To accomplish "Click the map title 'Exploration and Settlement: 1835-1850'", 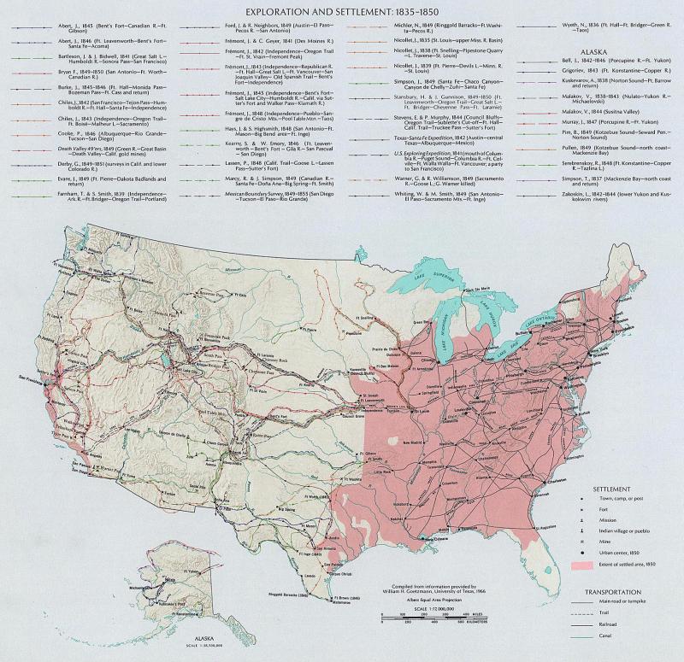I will click(341, 13).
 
